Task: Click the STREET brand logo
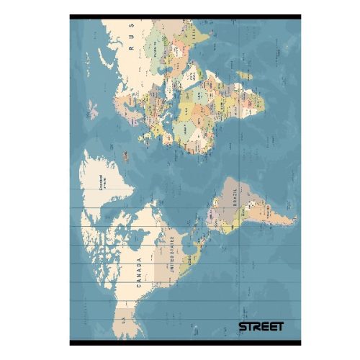pos(261,326)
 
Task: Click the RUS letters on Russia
pos(132,40)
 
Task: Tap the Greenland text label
pos(100,186)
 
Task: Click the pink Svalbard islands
pos(93,110)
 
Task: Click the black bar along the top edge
pos(185,17)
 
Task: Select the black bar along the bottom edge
pos(185,341)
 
